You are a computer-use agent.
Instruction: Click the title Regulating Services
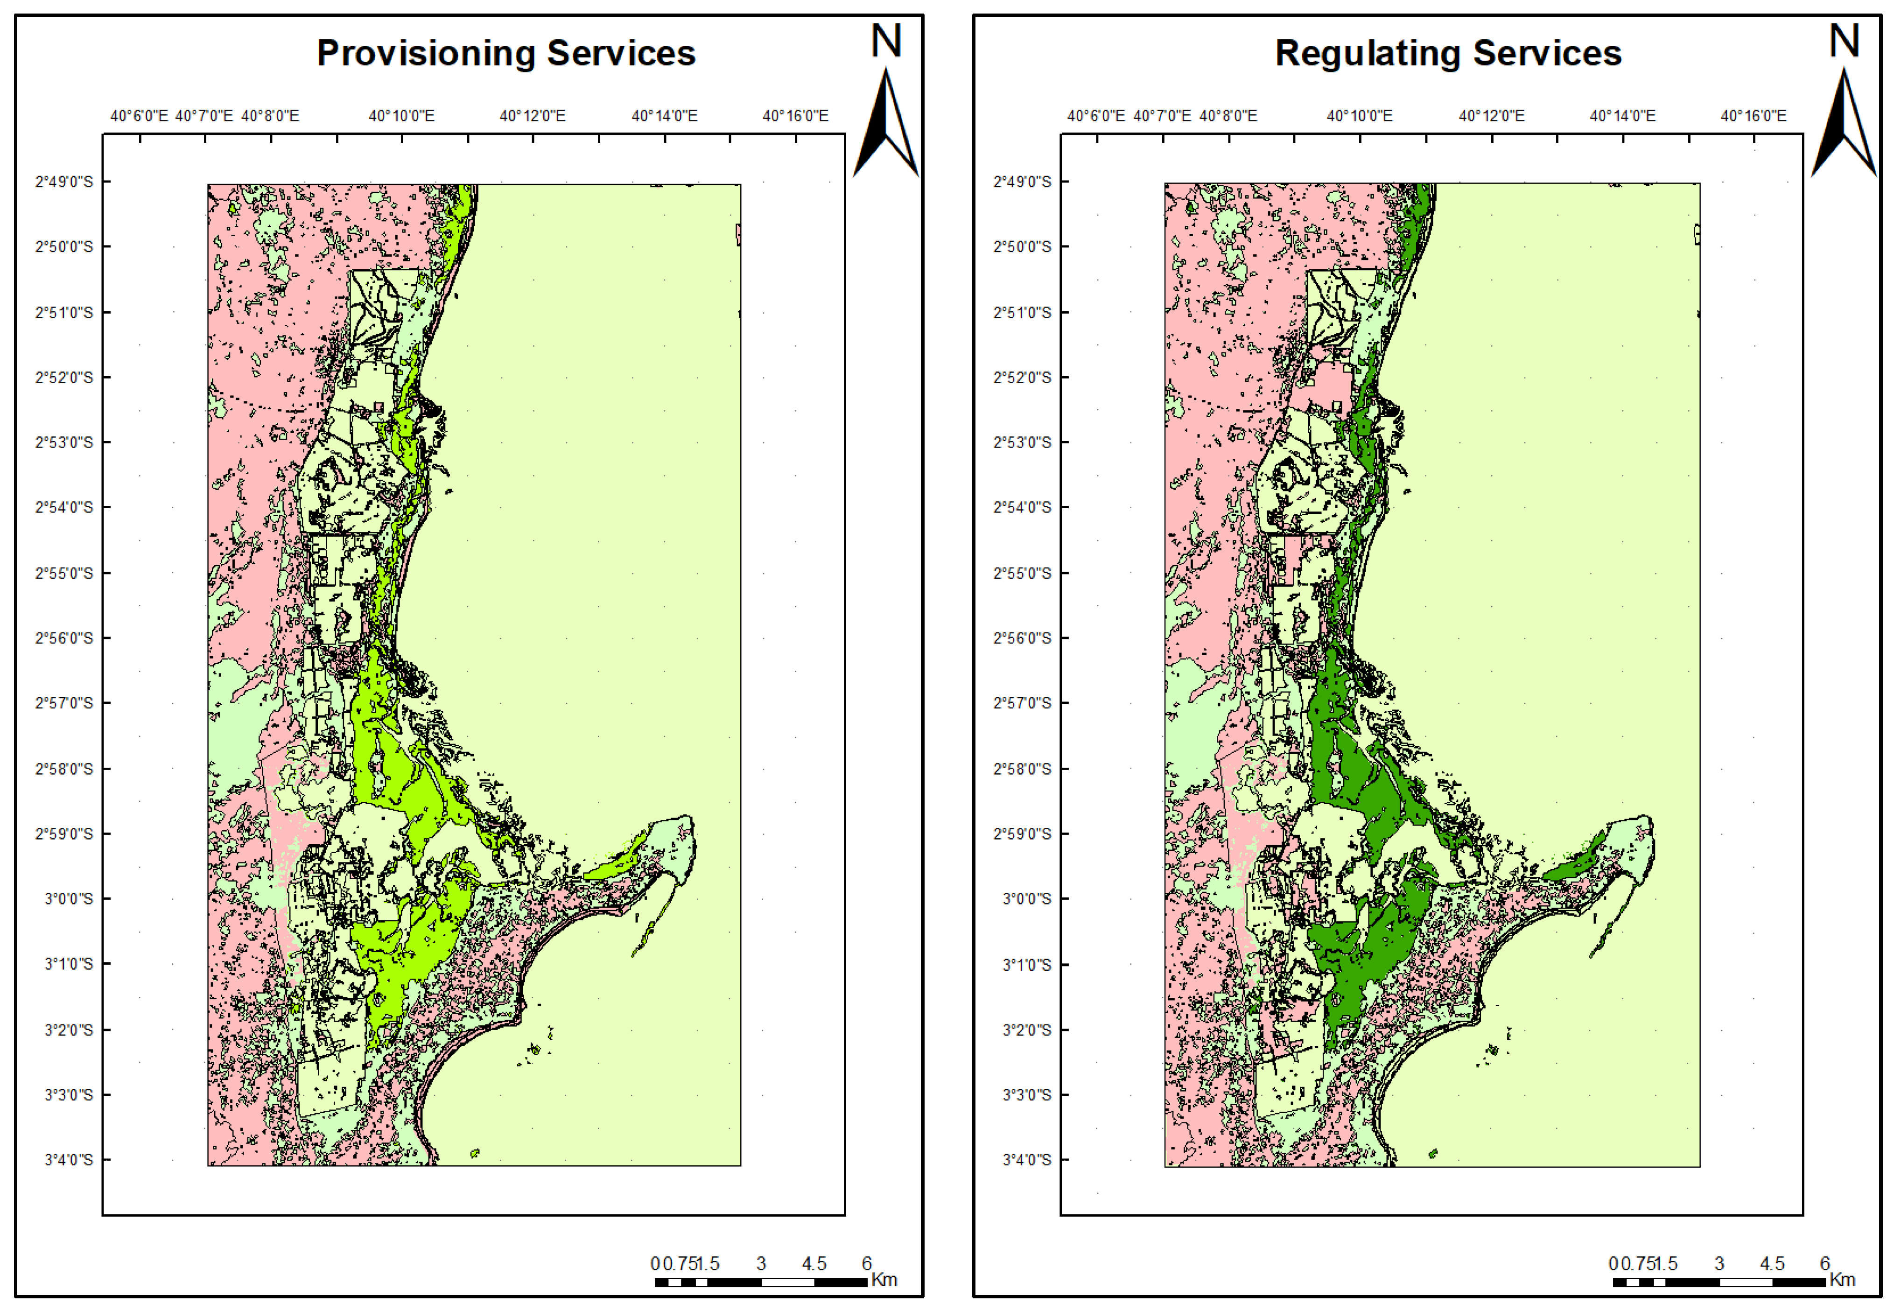[1448, 53]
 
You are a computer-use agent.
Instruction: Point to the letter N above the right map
[1844, 41]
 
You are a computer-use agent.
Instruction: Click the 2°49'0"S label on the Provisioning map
[64, 182]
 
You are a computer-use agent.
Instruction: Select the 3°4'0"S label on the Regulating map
[1027, 1160]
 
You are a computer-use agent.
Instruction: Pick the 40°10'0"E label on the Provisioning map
[401, 116]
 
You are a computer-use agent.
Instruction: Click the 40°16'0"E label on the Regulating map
[1754, 116]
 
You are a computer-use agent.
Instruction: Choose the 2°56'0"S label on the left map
[64, 638]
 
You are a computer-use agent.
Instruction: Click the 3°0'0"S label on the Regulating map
[1027, 899]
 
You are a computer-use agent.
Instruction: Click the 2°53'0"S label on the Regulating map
[1022, 442]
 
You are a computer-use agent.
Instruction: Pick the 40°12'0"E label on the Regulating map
[1491, 116]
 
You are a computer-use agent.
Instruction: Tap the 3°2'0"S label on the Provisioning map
[69, 1030]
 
